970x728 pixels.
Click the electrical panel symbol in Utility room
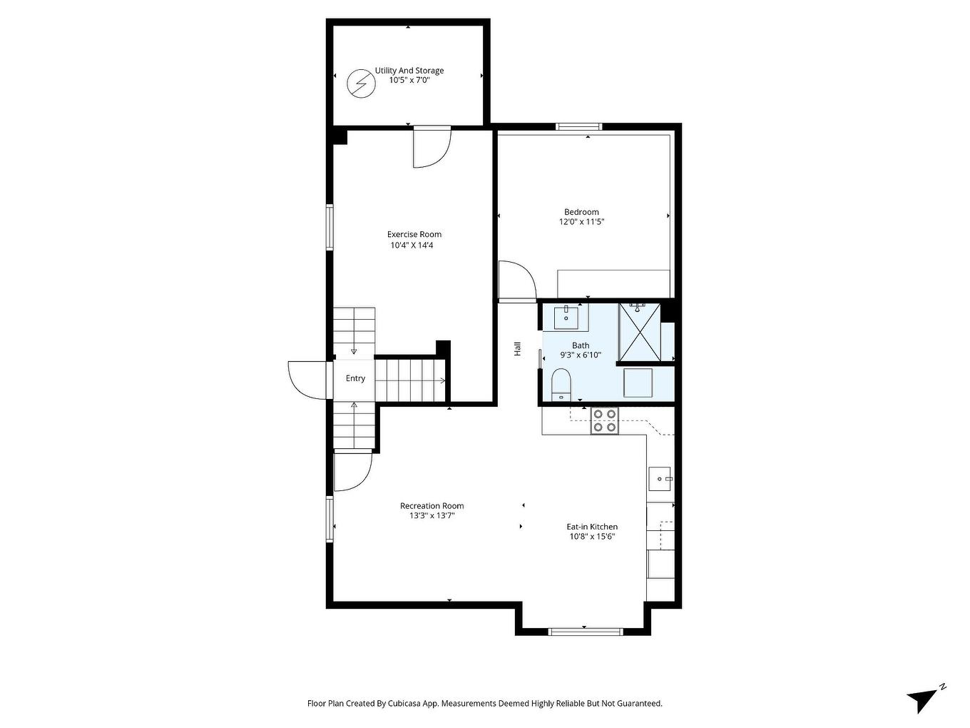361,84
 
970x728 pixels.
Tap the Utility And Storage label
409,71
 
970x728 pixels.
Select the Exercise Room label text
414,234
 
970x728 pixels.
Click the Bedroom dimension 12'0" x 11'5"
581,222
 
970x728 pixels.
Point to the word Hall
518,349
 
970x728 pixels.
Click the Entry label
355,378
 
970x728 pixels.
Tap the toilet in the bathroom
561,383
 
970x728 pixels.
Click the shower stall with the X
640,333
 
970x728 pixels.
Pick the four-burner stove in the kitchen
605,420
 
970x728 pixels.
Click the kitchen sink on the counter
660,478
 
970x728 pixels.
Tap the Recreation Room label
432,506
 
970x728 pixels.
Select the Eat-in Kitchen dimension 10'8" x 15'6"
592,537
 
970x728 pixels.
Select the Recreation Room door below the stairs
353,471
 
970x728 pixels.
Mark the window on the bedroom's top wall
578,127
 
